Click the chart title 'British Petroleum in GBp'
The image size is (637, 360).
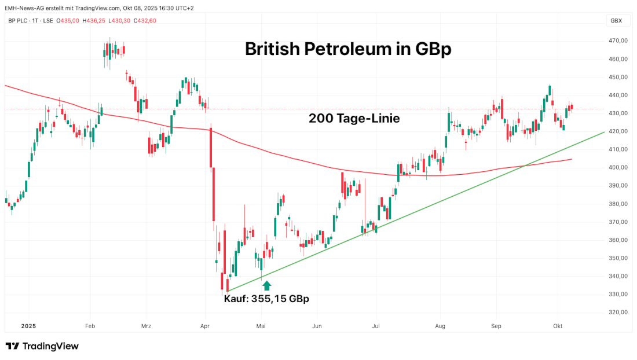coord(348,49)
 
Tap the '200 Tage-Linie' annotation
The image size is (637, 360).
coord(354,119)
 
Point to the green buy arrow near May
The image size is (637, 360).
coord(266,285)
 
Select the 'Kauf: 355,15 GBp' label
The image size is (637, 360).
coord(266,299)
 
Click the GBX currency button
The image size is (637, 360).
coord(616,21)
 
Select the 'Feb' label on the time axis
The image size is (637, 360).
coord(90,326)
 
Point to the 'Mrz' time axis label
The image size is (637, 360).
coord(146,326)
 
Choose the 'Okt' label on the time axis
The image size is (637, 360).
coord(558,326)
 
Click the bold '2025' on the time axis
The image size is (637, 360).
coord(29,326)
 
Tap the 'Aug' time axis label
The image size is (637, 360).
coord(440,326)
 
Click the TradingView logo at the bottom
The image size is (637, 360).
coord(42,346)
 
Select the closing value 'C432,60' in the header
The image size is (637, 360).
coord(145,21)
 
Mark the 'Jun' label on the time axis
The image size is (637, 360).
coord(317,326)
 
